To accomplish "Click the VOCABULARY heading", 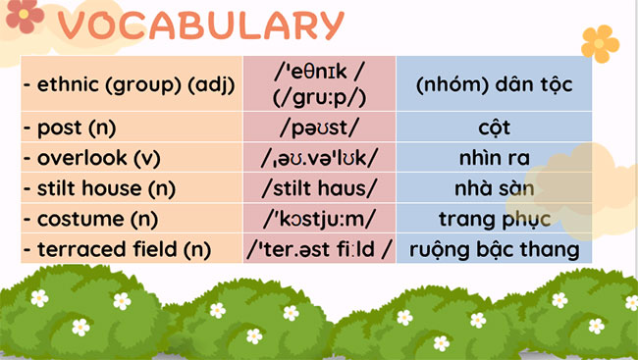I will (x=202, y=26).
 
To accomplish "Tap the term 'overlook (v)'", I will (x=90, y=158).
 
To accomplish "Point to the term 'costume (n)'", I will (x=87, y=219).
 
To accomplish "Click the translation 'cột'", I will (x=494, y=129).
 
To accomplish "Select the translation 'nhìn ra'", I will (x=494, y=158).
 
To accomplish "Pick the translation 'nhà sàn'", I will (x=494, y=188).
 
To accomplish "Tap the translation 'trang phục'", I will (x=494, y=219).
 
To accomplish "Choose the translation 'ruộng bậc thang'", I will (x=494, y=249).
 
